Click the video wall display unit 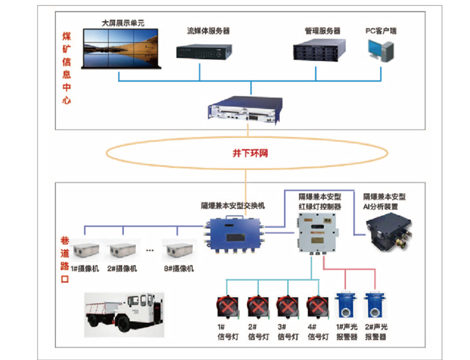point(121,48)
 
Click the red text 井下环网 point(246,154)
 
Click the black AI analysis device point(389,231)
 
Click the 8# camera point(179,251)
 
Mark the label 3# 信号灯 point(286,332)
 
